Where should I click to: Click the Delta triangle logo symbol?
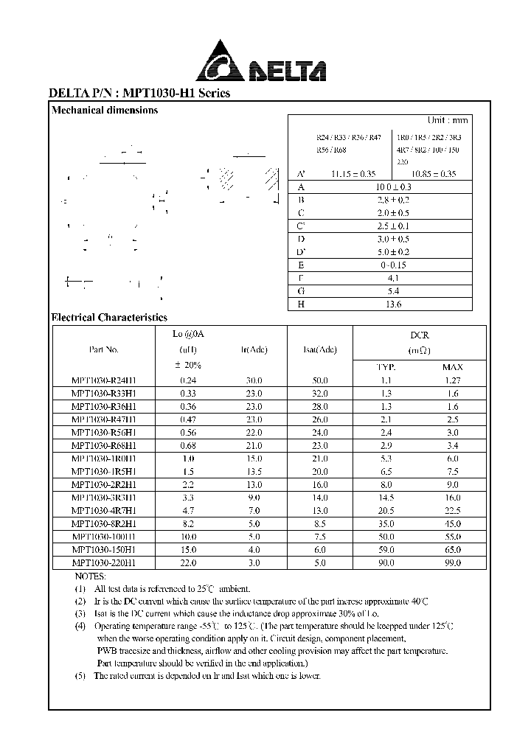click(221, 62)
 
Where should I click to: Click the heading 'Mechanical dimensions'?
click(104, 111)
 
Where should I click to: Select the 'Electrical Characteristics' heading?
click(109, 318)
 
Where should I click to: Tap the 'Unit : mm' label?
click(448, 120)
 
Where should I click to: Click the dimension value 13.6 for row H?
click(379, 304)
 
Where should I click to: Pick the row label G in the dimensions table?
click(301, 291)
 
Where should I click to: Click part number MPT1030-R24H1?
click(103, 380)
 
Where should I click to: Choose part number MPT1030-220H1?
click(103, 562)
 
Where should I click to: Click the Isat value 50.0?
click(320, 380)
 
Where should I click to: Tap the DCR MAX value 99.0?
click(452, 562)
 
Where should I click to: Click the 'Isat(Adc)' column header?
click(320, 350)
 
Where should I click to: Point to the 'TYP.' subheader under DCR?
click(386, 366)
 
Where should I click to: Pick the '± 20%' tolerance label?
click(187, 366)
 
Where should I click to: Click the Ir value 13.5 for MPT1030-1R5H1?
click(253, 472)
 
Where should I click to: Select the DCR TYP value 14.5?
click(386, 498)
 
